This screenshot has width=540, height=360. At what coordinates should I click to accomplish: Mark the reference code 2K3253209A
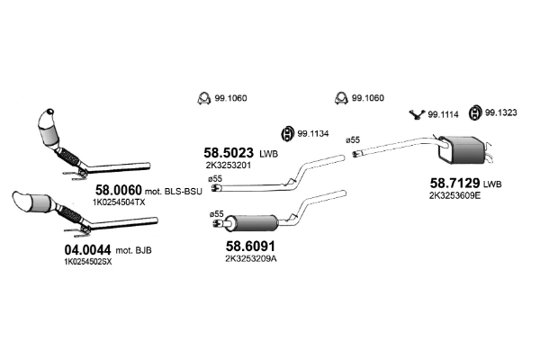(251, 258)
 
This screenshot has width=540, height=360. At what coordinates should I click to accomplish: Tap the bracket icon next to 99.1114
(418, 113)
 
